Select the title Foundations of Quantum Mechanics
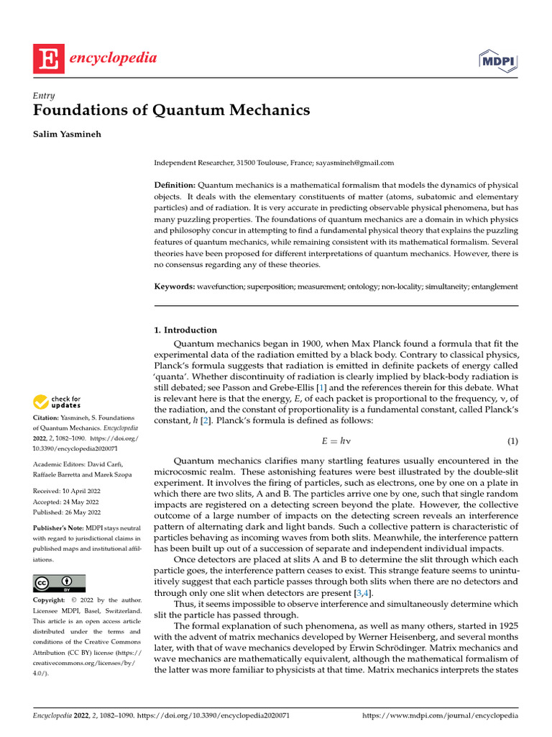click(172, 110)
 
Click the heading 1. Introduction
click(185, 330)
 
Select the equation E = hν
click(336, 440)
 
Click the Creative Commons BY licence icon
click(59, 583)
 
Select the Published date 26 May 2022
click(63, 512)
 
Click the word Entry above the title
click(44, 95)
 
